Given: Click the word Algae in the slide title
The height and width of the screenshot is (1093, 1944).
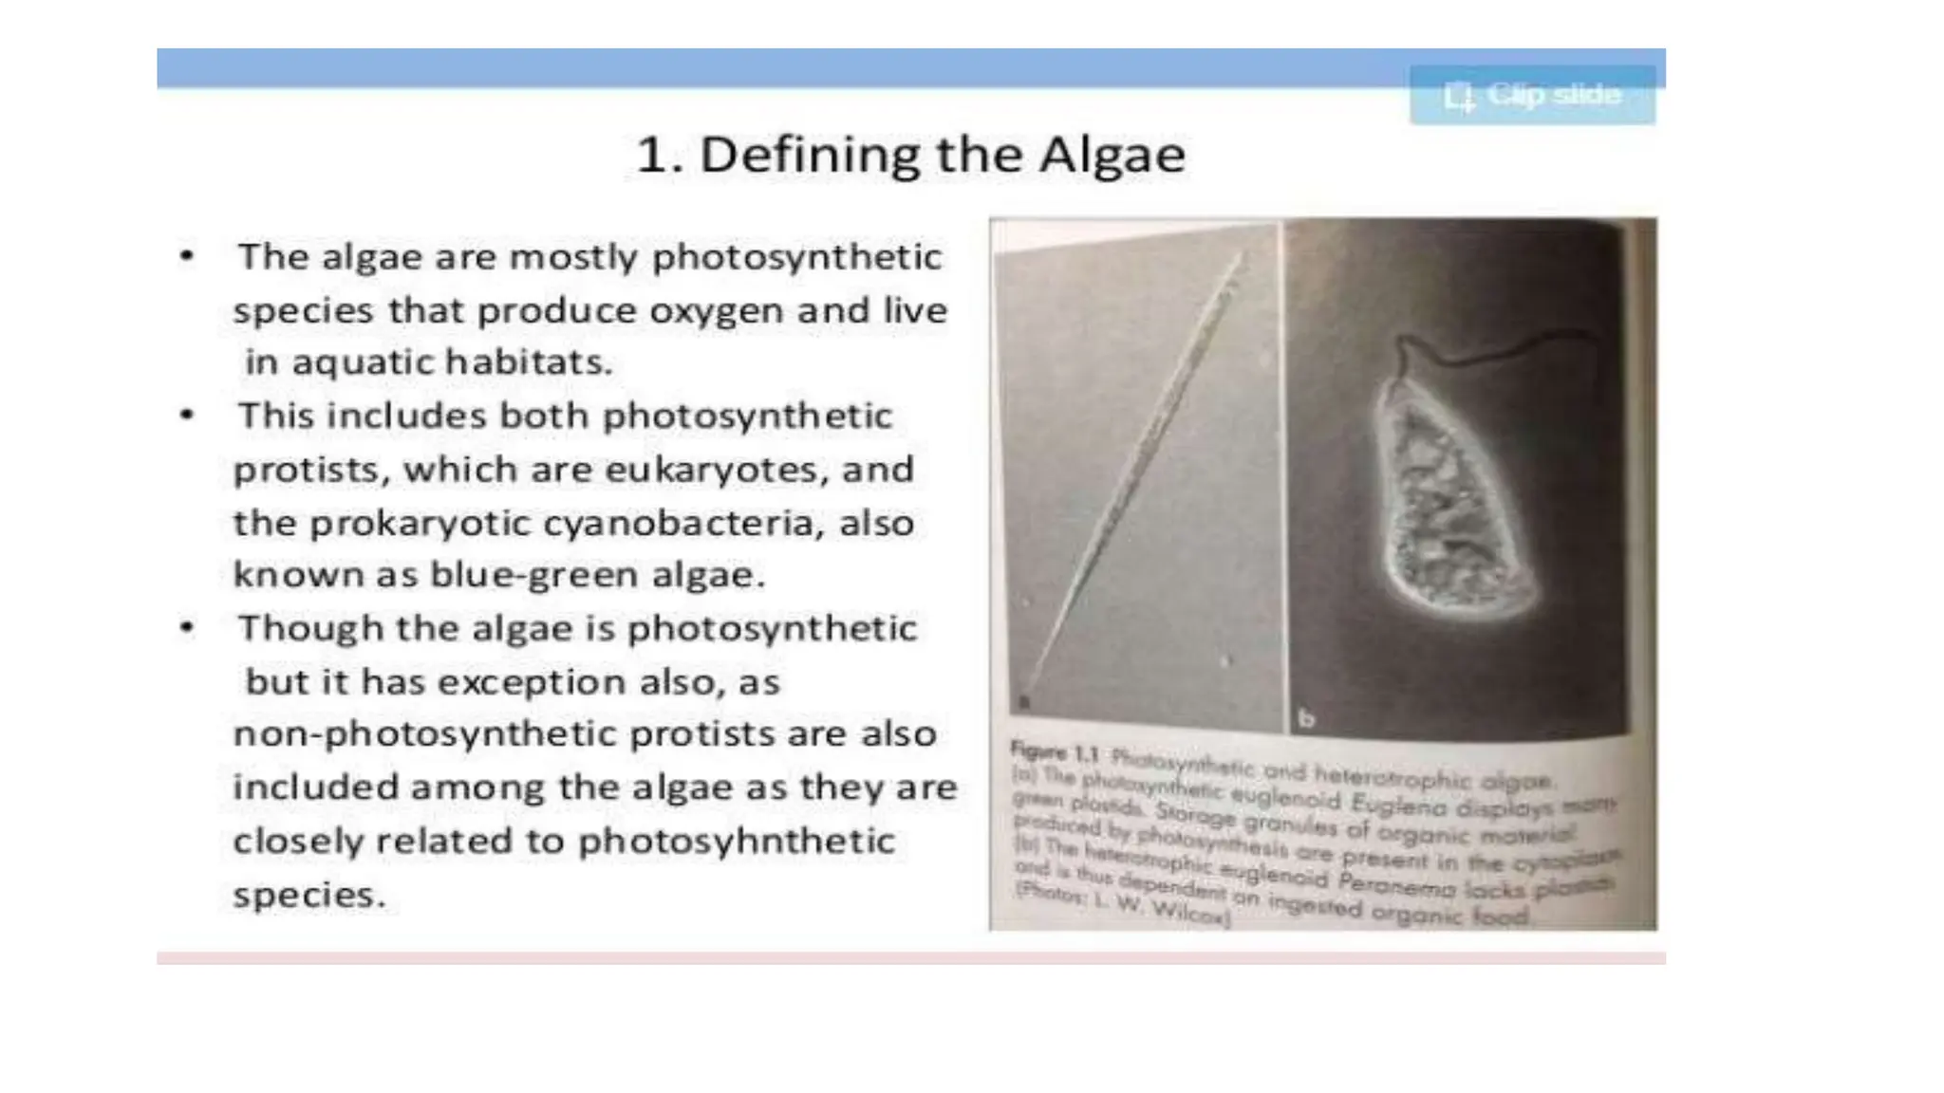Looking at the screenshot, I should click(x=1112, y=155).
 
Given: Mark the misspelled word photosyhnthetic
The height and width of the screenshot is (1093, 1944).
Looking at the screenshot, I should click(x=737, y=842).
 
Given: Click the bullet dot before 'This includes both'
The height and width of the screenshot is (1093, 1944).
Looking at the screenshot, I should click(x=187, y=416).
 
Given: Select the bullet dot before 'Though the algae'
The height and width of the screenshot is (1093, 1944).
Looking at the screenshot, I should click(x=187, y=628).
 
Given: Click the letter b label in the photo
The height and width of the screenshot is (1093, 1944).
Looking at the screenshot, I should click(x=1306, y=719).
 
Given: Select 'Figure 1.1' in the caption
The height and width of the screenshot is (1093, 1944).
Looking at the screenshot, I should click(x=1054, y=753).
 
